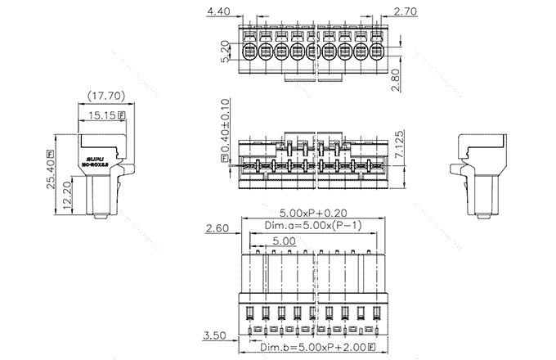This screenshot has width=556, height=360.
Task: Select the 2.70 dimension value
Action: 408,12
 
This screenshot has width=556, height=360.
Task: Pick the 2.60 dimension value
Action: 217,227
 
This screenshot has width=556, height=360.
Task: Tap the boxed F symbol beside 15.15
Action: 123,115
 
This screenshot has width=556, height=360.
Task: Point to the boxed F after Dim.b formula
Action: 372,349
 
